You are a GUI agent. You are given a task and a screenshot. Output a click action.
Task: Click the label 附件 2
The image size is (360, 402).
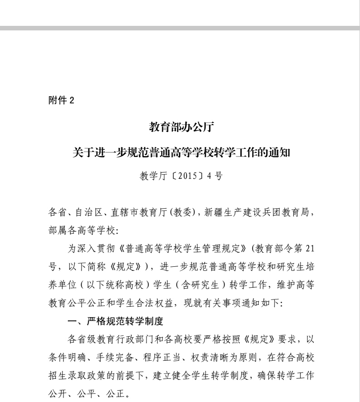(x=61, y=101)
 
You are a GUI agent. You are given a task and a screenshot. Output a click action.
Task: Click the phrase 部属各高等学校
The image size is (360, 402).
(x=81, y=231)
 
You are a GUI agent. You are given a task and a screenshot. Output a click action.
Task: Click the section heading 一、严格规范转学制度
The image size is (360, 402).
(x=115, y=322)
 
